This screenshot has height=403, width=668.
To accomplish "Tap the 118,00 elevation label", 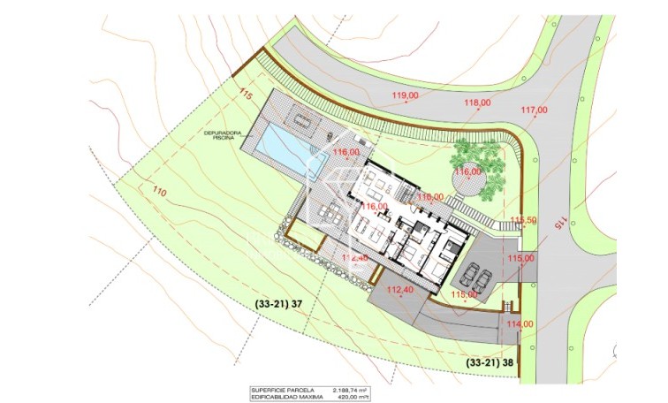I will coord(476,103).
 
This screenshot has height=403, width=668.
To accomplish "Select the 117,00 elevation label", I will coord(534,110).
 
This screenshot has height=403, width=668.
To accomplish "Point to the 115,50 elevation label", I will coord(523,220).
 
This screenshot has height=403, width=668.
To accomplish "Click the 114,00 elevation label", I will coord(520,323).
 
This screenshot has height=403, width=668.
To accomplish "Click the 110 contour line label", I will coord(160,191).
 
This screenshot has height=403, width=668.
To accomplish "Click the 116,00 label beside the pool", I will coord(345,152).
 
